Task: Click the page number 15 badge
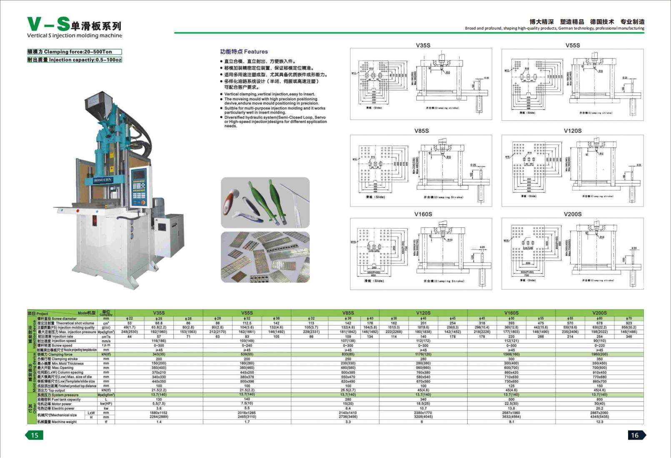pyautogui.click(x=35, y=435)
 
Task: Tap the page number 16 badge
pyautogui.click(x=635, y=435)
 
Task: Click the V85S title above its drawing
pyautogui.click(x=421, y=131)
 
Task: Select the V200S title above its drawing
pyautogui.click(x=572, y=214)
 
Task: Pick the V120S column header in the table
pyautogui.click(x=423, y=313)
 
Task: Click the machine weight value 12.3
pyautogui.click(x=599, y=422)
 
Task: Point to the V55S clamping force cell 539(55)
pyautogui.click(x=247, y=354)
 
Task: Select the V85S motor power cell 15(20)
pyautogui.click(x=348, y=403)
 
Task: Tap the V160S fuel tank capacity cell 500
pyautogui.click(x=511, y=399)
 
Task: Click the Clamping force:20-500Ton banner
pyautogui.click(x=75, y=52)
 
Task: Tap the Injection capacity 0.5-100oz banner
pyautogui.click(x=75, y=60)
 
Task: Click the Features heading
pyautogui.click(x=244, y=52)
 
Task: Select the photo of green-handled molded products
pyautogui.click(x=265, y=202)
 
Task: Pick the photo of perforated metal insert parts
pyautogui.click(x=265, y=257)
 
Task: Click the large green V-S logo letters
pyautogui.click(x=48, y=24)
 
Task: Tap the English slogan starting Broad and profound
pyautogui.click(x=554, y=28)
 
